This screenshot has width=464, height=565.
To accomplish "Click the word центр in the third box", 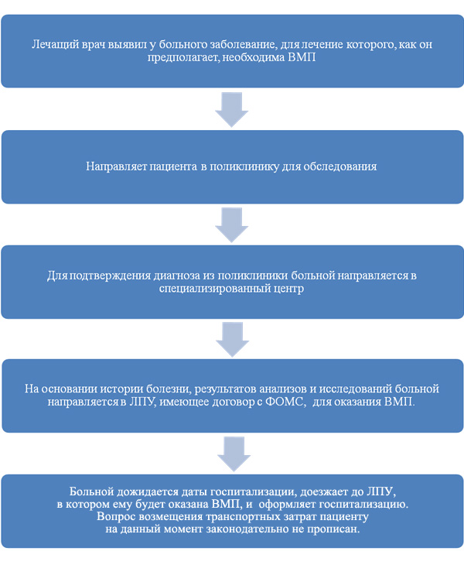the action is tap(289, 289).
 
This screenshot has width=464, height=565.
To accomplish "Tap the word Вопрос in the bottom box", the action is tap(116, 517).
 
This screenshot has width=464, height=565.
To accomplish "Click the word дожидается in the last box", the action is tap(148, 491).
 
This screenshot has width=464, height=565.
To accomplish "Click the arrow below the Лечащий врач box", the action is tap(232, 110).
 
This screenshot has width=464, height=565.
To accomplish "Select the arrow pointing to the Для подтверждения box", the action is tap(232, 225).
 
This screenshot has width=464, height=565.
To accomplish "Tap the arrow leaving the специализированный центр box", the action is tap(233, 340).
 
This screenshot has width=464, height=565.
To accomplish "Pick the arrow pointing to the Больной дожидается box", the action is tap(234, 454).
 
